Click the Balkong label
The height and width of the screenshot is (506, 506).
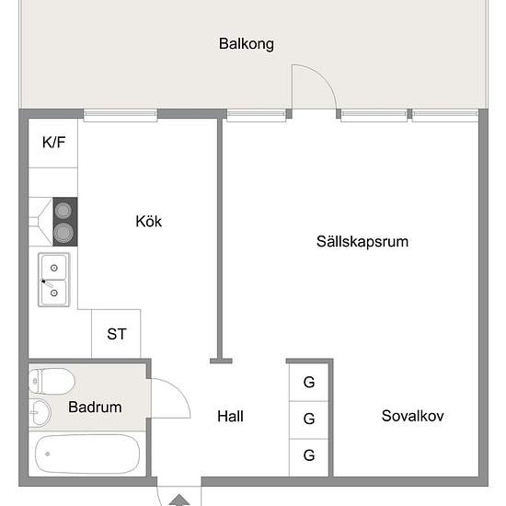247,44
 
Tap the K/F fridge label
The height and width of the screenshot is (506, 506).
54,143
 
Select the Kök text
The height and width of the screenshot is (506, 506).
148,222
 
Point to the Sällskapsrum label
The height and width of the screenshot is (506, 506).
362,242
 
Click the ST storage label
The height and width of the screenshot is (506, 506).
117,334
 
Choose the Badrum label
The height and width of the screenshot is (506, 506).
95,407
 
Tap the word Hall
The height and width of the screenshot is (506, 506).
230,416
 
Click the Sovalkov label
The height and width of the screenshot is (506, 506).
412,416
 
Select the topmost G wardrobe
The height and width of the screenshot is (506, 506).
309,383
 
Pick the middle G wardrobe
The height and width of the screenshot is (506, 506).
309,420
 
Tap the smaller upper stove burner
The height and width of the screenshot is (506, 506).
63,211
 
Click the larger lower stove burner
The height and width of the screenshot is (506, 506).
63,233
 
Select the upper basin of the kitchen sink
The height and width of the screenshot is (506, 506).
54,268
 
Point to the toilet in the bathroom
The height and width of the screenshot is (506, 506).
52,382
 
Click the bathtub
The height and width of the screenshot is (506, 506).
87,454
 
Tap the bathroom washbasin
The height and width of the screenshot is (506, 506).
40,413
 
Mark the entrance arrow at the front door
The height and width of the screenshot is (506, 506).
179,500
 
